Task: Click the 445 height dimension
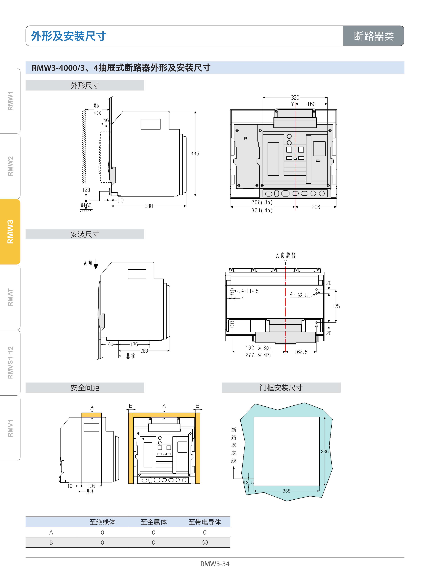(195, 154)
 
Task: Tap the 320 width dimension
(295, 97)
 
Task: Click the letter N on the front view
(245, 138)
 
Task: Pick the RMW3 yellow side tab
(10, 232)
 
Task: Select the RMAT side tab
(10, 297)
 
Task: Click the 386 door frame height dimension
(325, 451)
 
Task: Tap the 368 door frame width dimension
(286, 491)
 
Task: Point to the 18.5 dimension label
(248, 483)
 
